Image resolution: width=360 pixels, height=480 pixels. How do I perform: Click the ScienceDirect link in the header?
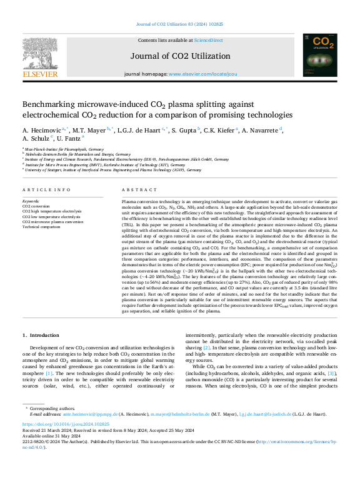point(208,40)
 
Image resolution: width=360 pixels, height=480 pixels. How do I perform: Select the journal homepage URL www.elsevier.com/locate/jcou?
point(202,74)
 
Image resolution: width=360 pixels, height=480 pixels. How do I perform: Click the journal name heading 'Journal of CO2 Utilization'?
point(180,56)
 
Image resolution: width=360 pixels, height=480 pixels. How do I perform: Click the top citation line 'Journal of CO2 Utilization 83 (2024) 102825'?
point(180,25)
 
